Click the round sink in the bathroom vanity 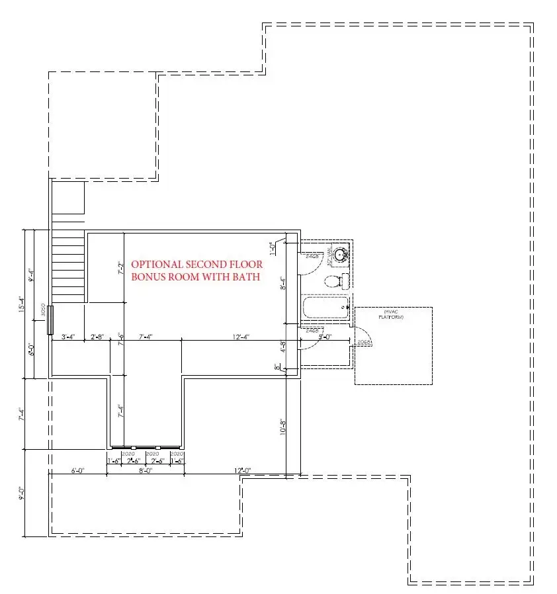click(341, 254)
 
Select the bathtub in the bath click(325, 307)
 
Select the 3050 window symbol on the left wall click(50, 320)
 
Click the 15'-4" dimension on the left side click(22, 304)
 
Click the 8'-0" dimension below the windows click(146, 471)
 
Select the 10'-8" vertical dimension click(282, 427)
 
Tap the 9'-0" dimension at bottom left click(22, 494)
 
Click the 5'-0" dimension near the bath click(325, 337)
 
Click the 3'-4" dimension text click(68, 337)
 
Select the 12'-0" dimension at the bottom click(242, 471)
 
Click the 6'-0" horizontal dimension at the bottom click(78, 471)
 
